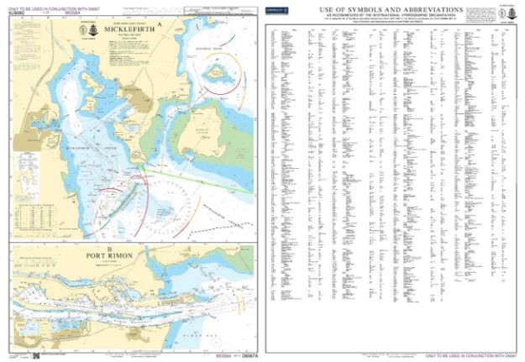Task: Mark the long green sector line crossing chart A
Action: tap(202, 176)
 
